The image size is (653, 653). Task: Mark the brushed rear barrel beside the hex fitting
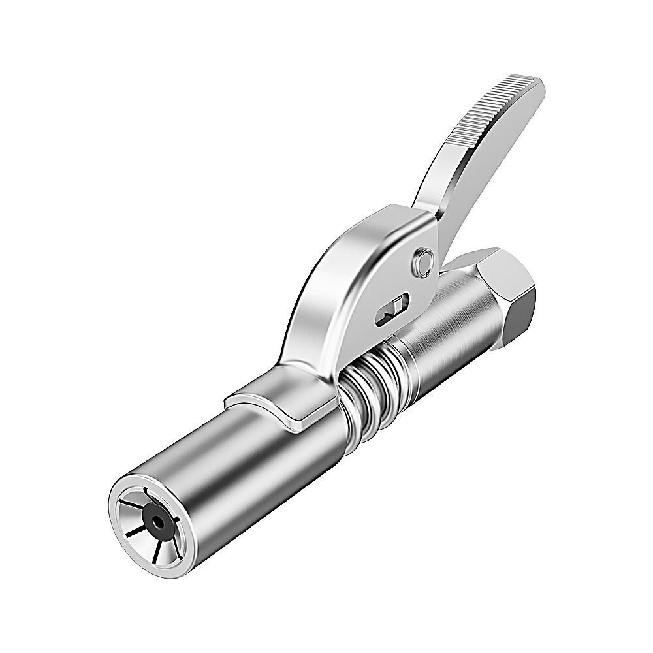tap(451, 326)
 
